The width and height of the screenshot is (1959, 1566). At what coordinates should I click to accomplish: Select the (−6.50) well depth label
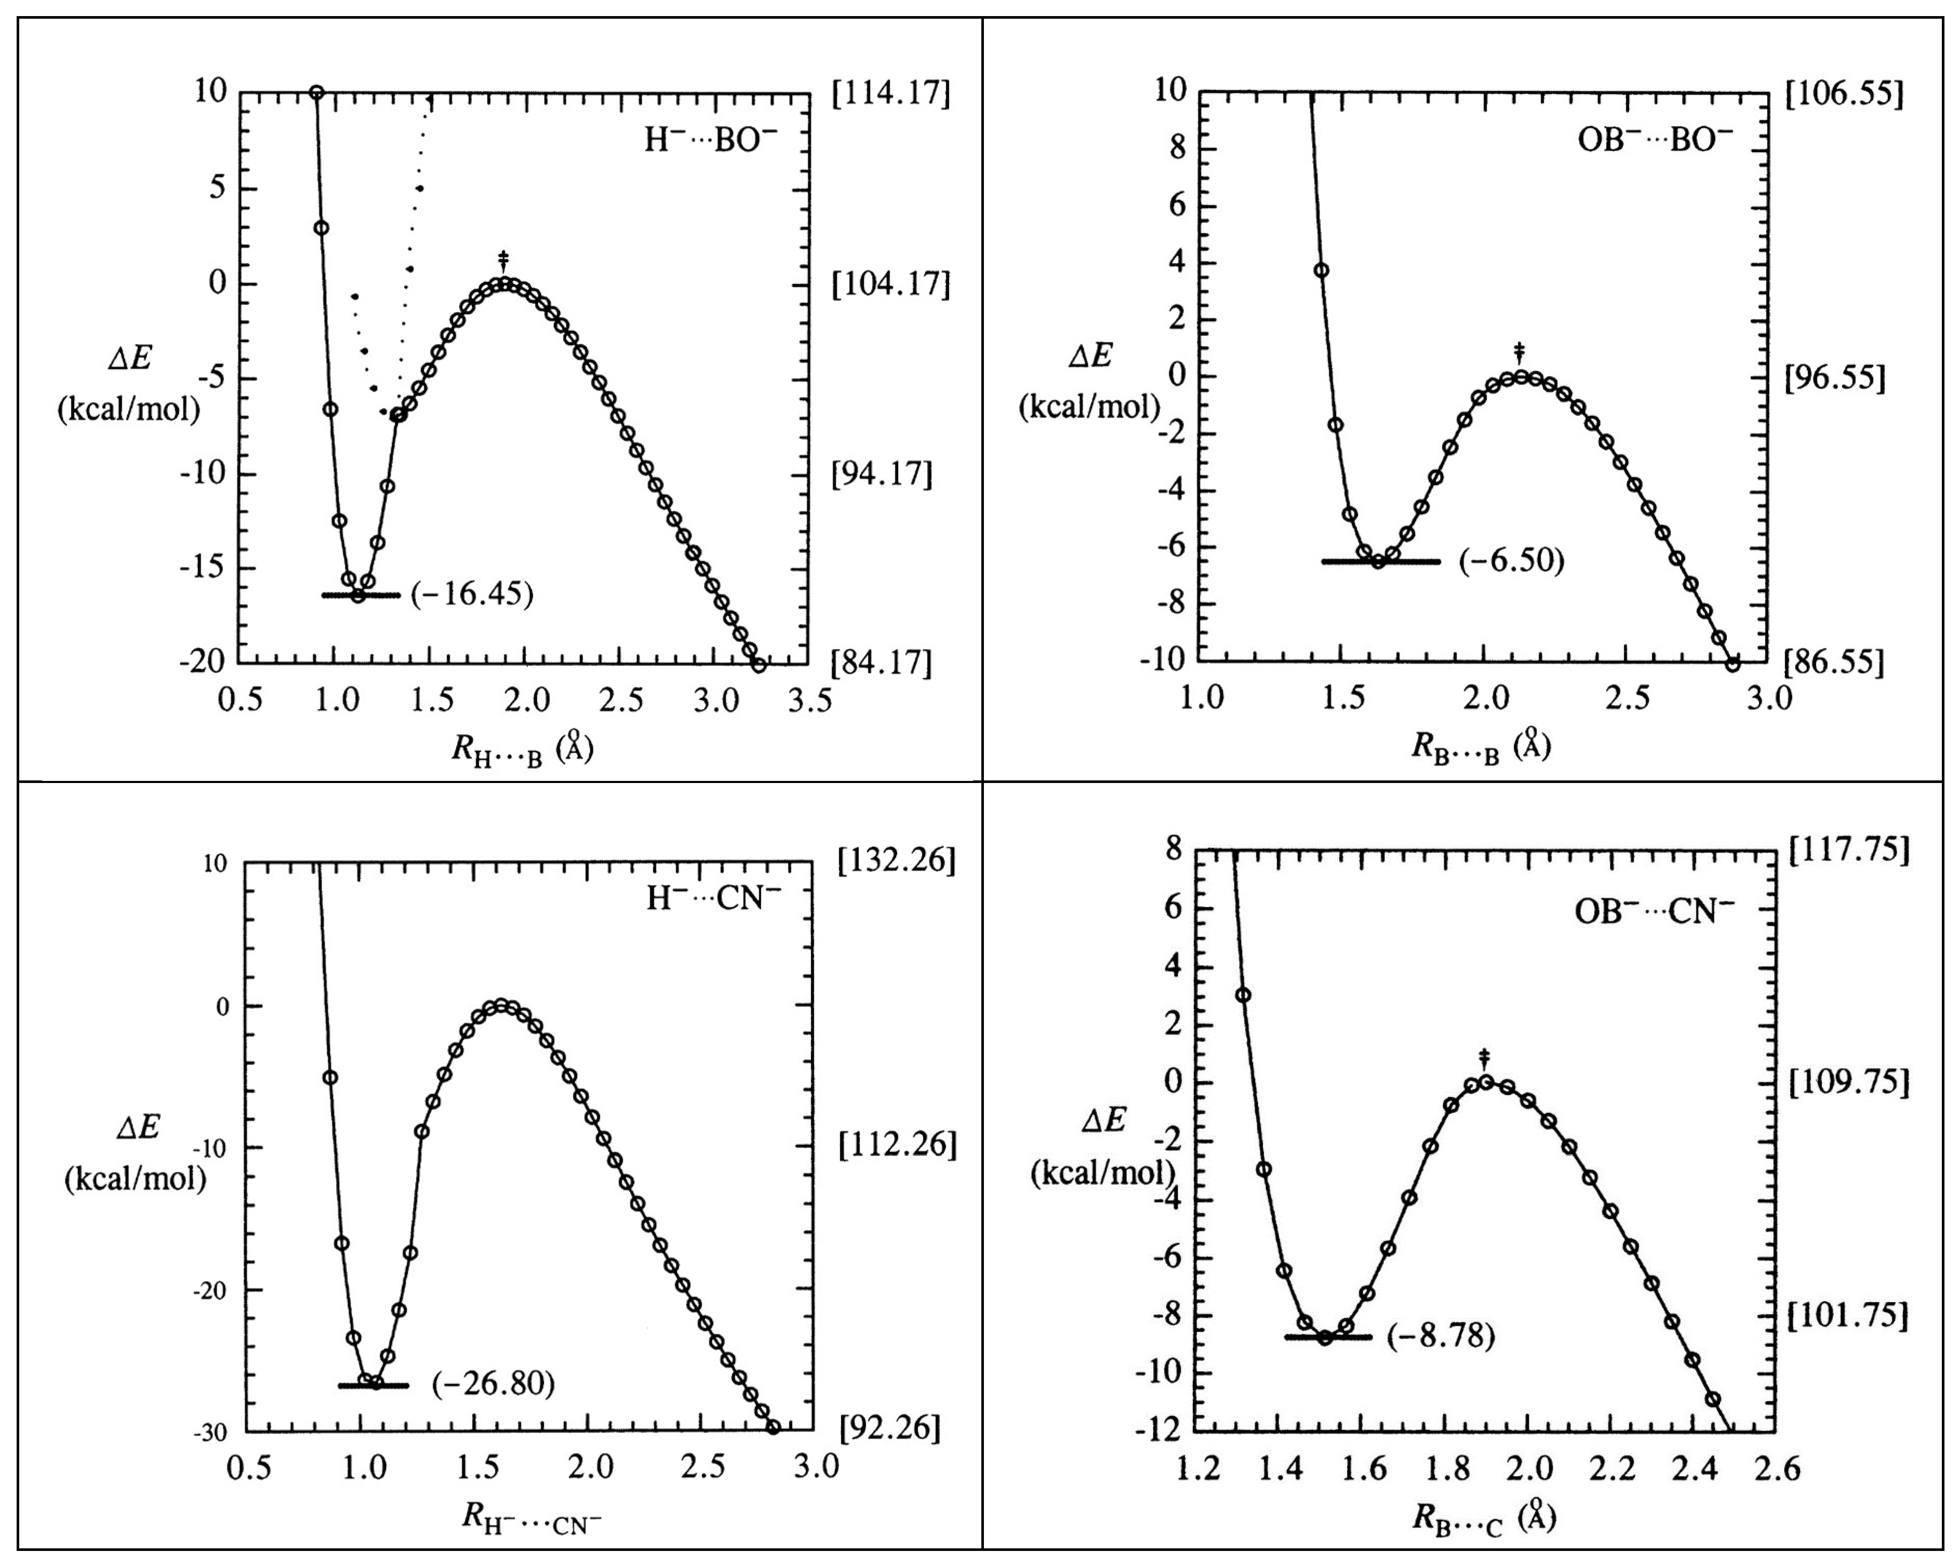(1512, 560)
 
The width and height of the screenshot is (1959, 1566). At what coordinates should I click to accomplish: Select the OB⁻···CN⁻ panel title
(1654, 910)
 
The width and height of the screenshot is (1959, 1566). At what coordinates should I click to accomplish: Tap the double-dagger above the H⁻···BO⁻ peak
(503, 261)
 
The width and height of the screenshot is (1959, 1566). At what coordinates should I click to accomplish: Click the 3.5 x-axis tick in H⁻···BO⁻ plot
(809, 700)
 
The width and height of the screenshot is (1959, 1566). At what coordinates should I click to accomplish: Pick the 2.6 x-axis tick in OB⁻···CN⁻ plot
(1776, 1469)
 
